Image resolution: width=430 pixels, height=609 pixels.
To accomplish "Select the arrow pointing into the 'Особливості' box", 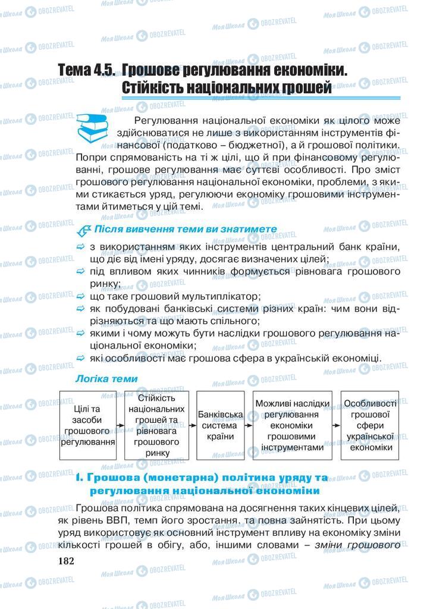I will point(336,425).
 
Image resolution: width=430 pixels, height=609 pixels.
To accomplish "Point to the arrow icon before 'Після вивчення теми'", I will point(82,229).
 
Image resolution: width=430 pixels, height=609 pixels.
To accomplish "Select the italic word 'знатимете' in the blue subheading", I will point(247,228).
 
